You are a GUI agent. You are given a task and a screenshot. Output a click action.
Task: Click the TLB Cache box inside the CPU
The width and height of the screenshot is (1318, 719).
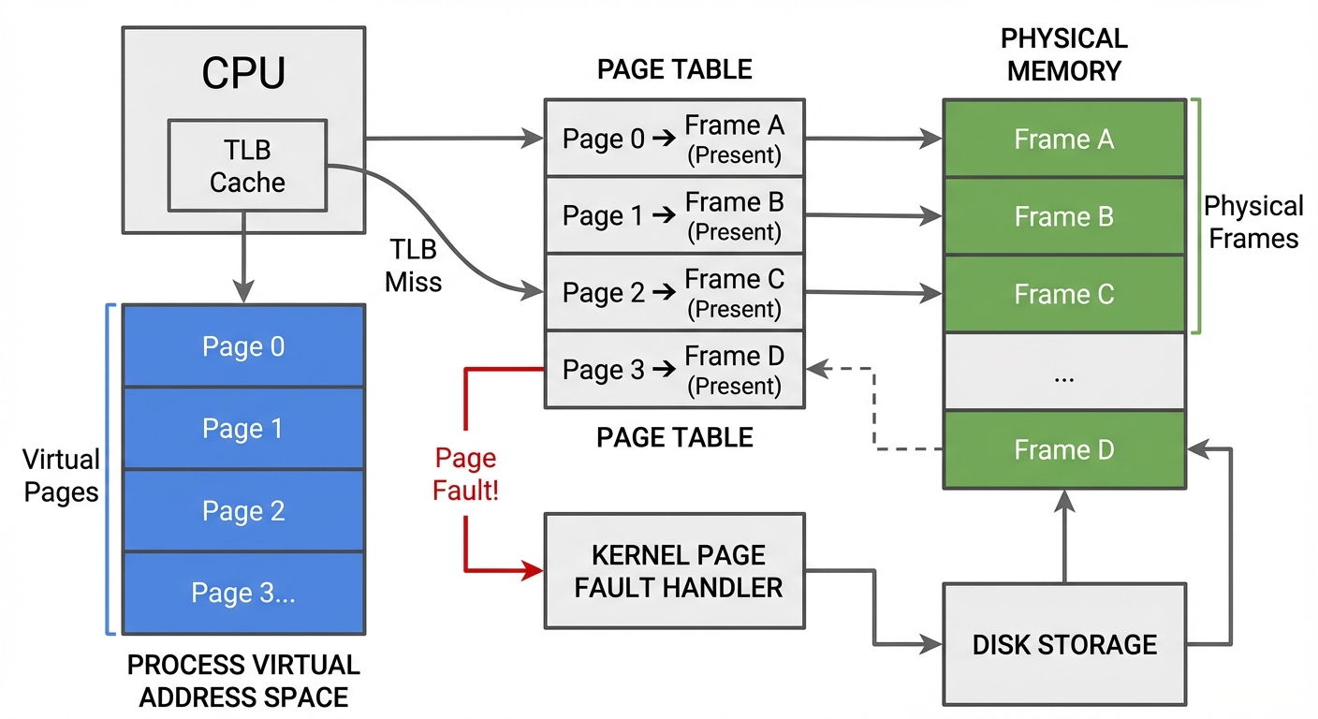247,165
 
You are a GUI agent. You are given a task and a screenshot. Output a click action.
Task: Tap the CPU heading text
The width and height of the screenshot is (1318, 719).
243,74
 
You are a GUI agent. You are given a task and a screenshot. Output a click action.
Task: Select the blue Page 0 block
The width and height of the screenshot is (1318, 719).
243,346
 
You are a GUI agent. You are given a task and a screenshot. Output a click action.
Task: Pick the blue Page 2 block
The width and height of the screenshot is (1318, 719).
243,511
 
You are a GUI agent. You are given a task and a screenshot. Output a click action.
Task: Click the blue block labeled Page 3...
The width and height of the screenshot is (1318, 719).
243,593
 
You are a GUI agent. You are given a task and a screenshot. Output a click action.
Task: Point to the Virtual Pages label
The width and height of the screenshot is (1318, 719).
61,476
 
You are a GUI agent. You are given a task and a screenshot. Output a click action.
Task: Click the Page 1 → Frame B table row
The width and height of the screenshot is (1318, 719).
674,216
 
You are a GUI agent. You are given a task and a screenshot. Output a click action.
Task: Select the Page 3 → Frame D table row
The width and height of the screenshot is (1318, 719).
674,371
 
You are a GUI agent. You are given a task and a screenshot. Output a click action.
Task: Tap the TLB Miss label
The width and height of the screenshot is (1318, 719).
413,265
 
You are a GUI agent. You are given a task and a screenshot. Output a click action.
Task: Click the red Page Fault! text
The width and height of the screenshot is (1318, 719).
465,474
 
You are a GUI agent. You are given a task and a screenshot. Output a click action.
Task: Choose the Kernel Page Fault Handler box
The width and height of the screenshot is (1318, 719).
674,571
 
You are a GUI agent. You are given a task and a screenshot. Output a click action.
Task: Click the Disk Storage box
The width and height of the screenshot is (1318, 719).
1064,644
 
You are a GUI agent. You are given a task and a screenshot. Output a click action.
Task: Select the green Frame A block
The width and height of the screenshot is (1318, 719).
1064,139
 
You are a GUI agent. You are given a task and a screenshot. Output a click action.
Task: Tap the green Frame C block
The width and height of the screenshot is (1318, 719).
1064,295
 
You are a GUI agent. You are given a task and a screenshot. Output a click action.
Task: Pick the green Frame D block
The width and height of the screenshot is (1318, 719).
1064,450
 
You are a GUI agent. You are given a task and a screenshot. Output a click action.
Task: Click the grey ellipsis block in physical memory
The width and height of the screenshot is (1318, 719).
1064,373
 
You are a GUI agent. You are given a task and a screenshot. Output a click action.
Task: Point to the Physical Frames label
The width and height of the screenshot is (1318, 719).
1253,222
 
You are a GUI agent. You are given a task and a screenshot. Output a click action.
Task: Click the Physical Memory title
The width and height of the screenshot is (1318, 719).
1064,54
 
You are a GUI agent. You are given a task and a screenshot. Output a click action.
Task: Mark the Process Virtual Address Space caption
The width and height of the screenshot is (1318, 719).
243,681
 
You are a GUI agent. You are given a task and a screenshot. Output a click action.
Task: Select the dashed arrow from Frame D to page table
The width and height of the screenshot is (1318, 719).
875,412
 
